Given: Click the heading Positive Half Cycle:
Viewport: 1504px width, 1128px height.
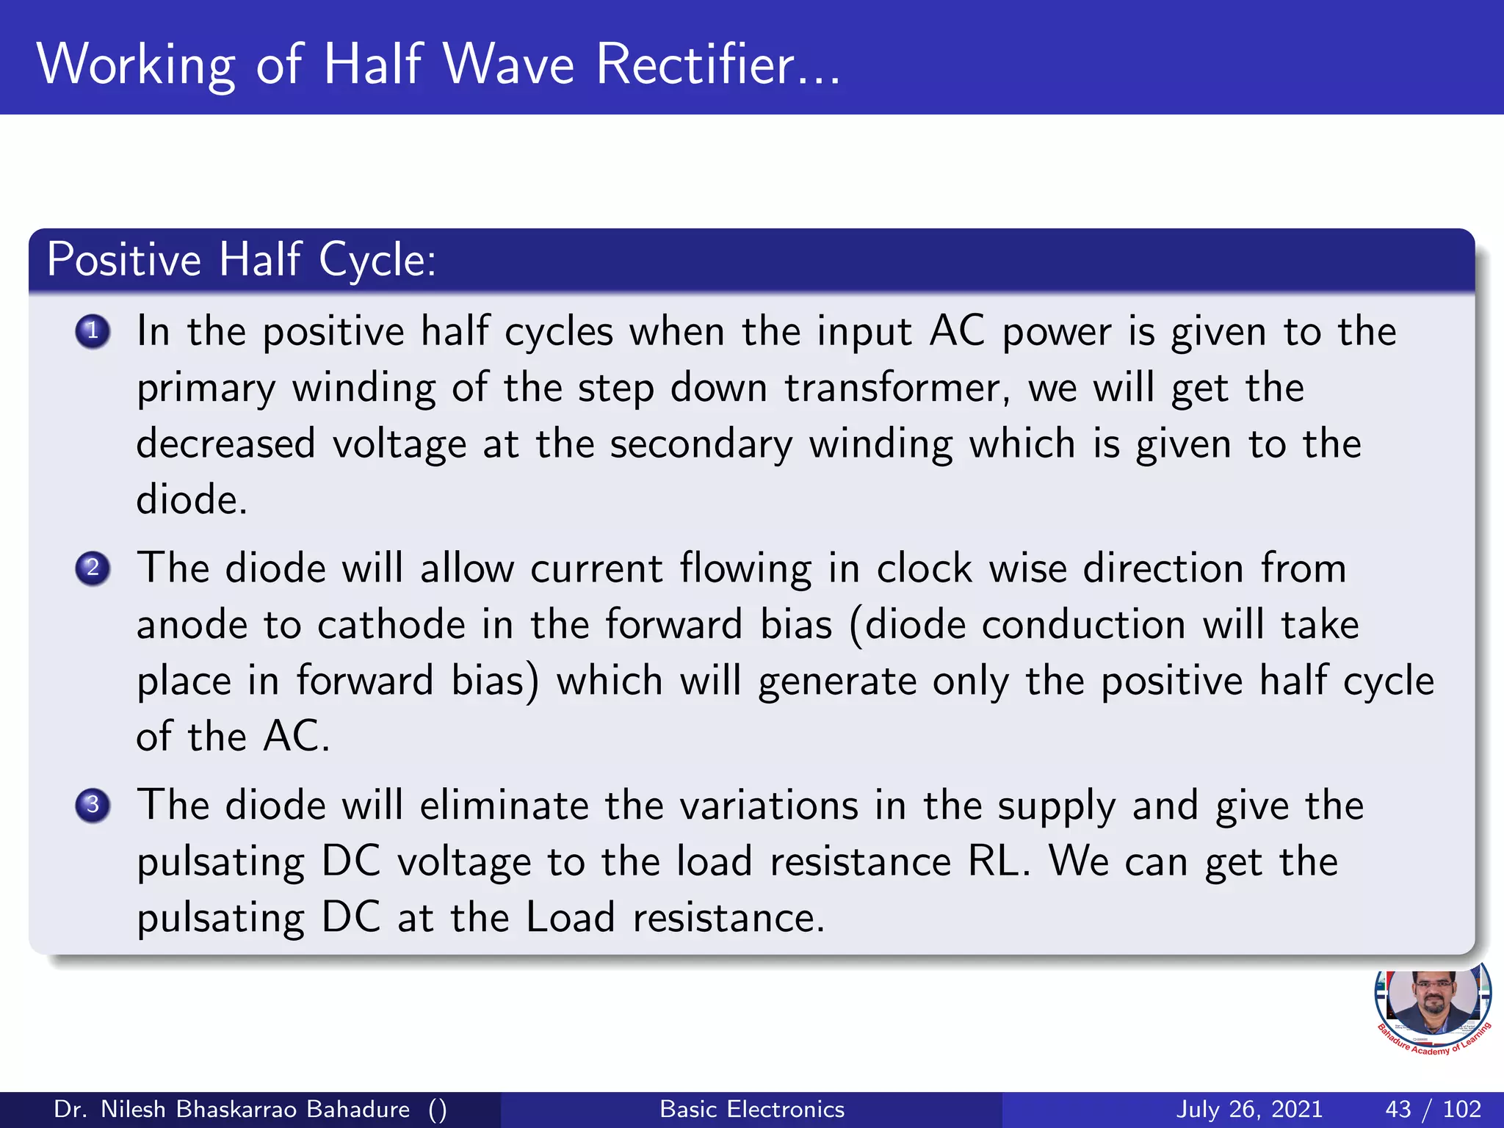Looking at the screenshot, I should (242, 260).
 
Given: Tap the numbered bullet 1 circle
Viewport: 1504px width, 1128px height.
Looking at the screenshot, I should (93, 331).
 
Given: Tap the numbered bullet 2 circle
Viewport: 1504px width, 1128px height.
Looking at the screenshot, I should (93, 568).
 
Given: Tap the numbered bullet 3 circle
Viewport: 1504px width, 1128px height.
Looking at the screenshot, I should (93, 805).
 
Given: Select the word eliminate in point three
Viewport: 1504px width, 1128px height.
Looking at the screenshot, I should (505, 806).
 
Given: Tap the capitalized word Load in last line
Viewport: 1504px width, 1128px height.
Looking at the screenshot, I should (571, 918).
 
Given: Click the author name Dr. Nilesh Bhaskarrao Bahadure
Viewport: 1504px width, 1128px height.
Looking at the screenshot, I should (232, 1109).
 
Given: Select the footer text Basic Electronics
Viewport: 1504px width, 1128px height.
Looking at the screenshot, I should (752, 1109).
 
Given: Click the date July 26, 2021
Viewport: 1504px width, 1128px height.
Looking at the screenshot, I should (1249, 1109).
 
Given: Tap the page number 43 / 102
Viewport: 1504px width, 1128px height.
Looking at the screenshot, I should (1433, 1109).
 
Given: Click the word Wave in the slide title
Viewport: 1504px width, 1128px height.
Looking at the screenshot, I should (509, 65).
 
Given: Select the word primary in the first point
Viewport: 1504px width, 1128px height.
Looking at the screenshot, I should (206, 389).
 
